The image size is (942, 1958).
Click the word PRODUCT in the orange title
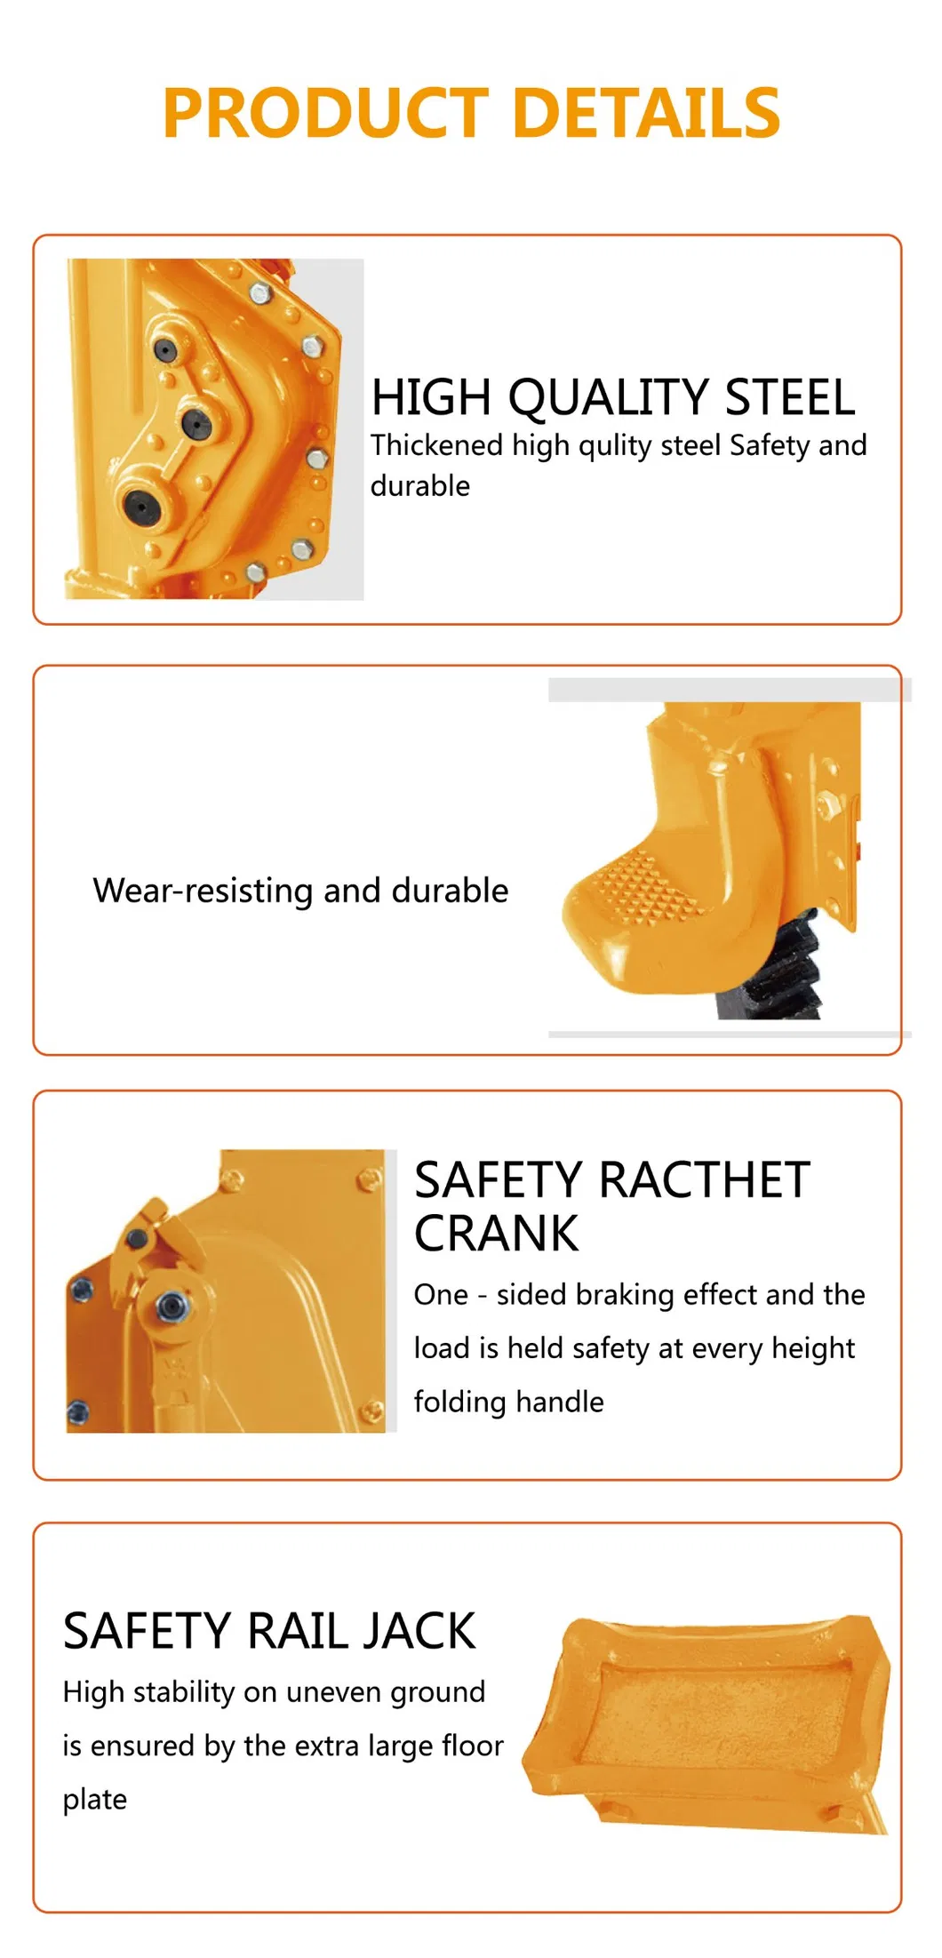pyautogui.click(x=325, y=114)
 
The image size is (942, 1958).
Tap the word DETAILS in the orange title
pyautogui.click(x=646, y=114)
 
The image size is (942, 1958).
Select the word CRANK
pyautogui.click(x=496, y=1234)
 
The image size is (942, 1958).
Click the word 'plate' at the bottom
pyautogui.click(x=95, y=1801)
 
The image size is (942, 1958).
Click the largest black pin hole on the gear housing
pyautogui.click(x=140, y=506)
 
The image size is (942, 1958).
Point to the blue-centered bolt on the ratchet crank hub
pyautogui.click(x=171, y=1306)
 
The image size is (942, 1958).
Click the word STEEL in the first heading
pyautogui.click(x=790, y=398)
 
